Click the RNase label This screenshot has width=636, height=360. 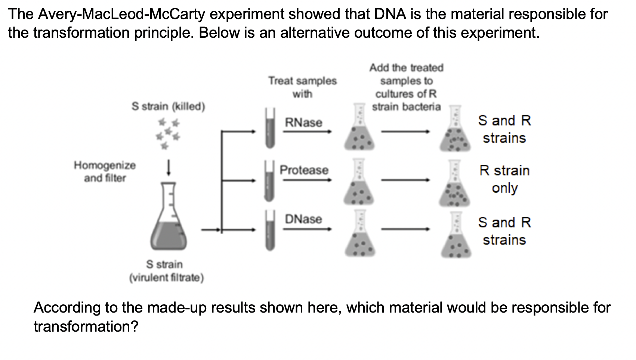[x=303, y=122]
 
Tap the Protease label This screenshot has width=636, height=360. [x=304, y=170]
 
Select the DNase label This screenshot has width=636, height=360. [x=303, y=219]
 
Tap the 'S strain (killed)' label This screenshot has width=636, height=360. [x=168, y=106]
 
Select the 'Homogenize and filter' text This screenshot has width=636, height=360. [x=105, y=171]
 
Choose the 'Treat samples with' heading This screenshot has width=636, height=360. [x=302, y=87]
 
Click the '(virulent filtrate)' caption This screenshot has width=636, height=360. [x=166, y=278]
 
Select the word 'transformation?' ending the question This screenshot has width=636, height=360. [x=86, y=327]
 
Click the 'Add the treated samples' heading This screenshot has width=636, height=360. [x=406, y=87]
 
